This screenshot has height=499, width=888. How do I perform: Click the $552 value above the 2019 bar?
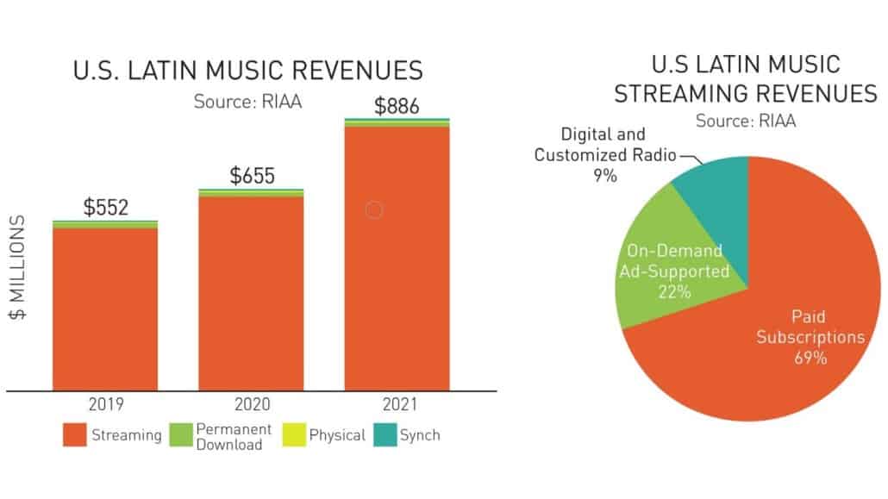105,207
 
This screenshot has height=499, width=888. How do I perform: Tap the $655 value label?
252,176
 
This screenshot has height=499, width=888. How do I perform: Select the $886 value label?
397,107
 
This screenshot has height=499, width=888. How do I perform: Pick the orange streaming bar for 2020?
251,293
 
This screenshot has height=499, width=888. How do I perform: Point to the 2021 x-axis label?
397,403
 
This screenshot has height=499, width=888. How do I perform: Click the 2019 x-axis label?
105,403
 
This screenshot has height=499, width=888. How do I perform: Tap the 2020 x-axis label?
251,403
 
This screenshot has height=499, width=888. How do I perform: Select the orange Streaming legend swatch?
74,435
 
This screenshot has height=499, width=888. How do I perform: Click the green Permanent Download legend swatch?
179,435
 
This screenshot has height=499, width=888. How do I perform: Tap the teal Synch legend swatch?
385,435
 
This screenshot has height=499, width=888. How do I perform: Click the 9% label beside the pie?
604,176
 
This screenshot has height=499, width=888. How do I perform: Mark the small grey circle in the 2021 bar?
373,209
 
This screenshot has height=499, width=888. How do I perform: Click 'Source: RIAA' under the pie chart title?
746,121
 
